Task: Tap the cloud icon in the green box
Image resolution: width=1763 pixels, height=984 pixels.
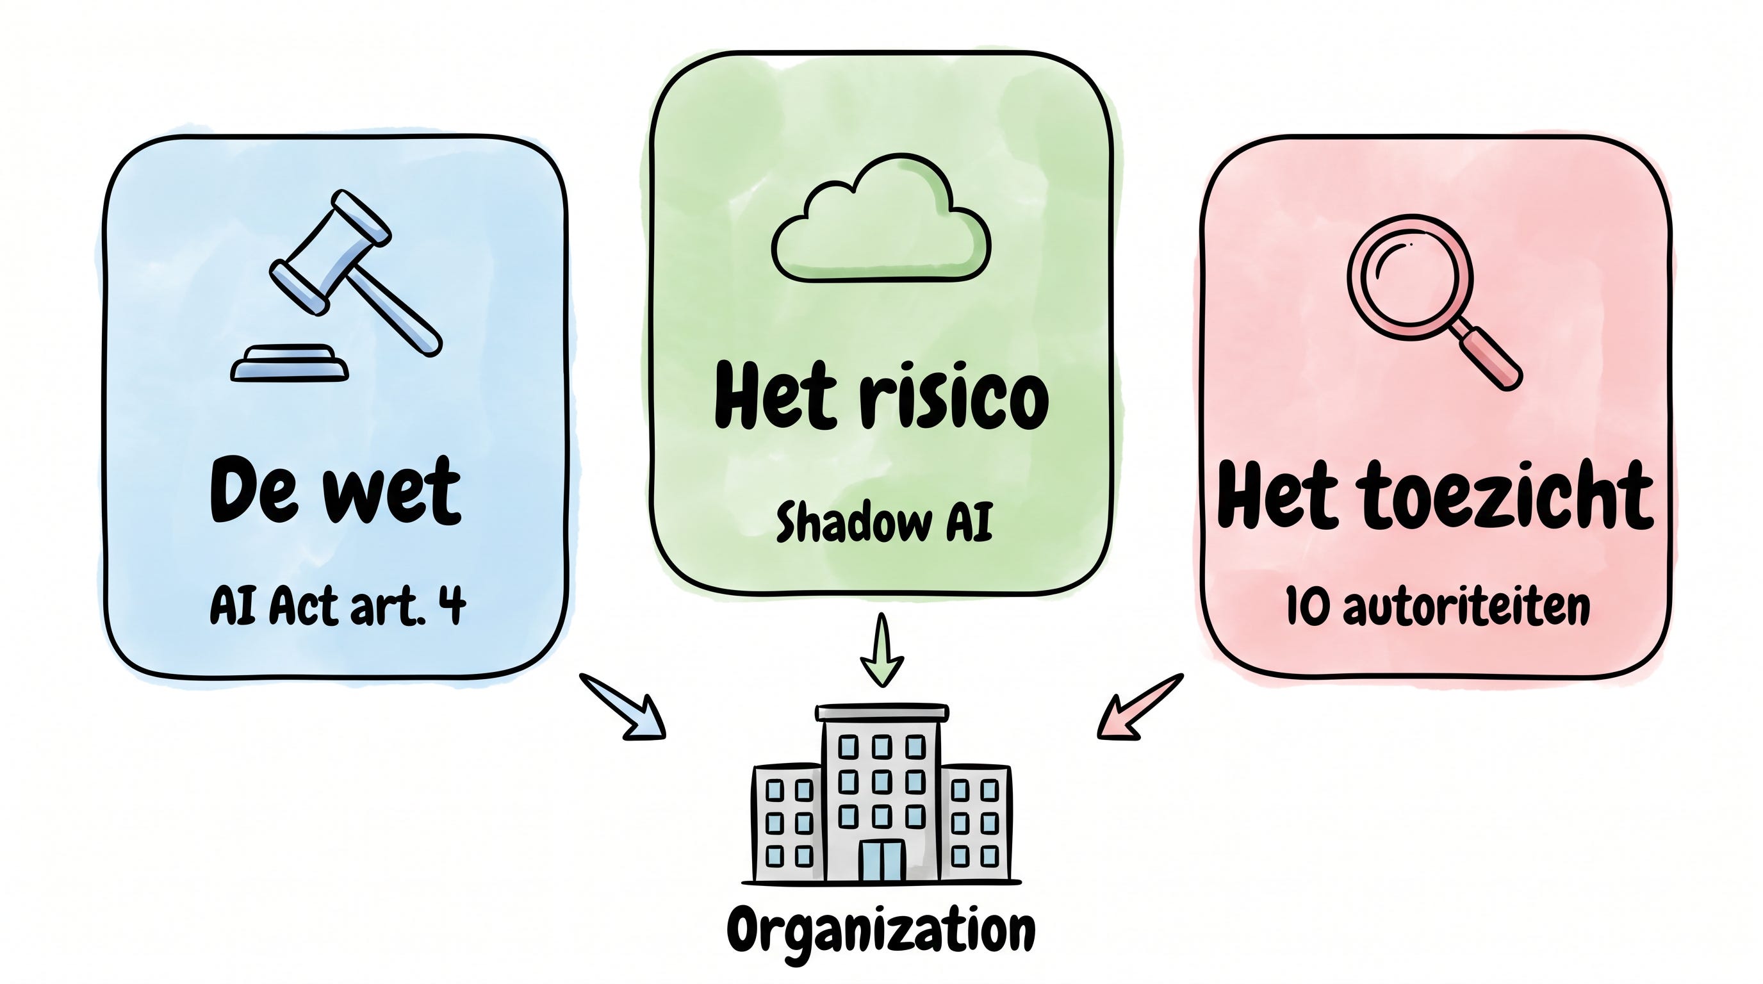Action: click(x=881, y=220)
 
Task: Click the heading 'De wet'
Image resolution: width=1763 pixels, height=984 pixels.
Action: click(x=335, y=491)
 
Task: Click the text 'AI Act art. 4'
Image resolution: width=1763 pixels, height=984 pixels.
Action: click(x=338, y=605)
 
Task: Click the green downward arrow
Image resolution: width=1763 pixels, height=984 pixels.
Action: click(x=881, y=650)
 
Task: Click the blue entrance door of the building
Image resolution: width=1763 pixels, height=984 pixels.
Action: click(x=881, y=860)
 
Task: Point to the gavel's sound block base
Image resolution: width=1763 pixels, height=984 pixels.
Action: click(x=290, y=363)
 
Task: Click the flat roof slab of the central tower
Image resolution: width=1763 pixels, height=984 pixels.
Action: click(x=881, y=712)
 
